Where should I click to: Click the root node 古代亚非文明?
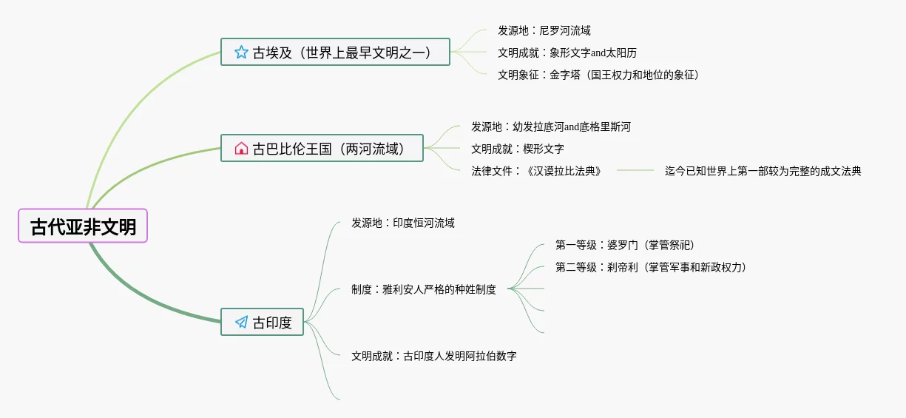click(83, 226)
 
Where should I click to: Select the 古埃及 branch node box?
click(335, 52)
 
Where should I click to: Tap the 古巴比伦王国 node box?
click(322, 148)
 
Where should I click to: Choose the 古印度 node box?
click(263, 322)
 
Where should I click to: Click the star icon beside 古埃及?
click(241, 52)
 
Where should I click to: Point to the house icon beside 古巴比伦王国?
click(241, 148)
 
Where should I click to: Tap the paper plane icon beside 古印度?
click(241, 322)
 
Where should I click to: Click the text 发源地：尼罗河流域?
click(544, 30)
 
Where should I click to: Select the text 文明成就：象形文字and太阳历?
click(567, 53)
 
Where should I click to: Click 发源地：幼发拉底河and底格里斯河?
click(551, 127)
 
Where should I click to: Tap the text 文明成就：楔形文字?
click(518, 149)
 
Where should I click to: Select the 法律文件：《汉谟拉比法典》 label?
click(536, 171)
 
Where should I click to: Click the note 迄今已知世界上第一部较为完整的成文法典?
click(763, 171)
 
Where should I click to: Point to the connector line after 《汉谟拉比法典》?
click(635, 171)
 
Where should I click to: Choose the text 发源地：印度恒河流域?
click(403, 223)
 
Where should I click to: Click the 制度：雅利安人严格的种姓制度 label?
click(424, 289)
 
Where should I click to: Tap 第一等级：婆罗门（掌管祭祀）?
click(625, 245)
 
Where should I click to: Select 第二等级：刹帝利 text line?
click(651, 267)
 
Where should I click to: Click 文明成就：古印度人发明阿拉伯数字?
click(434, 356)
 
